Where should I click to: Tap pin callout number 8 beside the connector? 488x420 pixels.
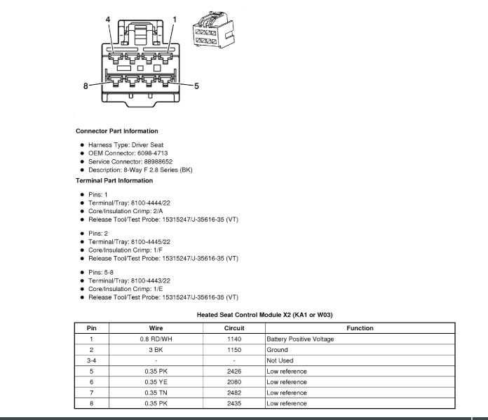[86, 86]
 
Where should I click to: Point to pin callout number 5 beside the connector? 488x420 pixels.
[196, 86]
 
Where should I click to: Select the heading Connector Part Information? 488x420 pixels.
[116, 131]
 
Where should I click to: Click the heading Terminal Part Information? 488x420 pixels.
[114, 180]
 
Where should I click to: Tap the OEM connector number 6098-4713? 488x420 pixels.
[147, 153]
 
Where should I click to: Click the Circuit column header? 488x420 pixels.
[233, 328]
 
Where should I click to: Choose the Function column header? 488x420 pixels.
[360, 328]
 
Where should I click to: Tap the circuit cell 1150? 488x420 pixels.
[233, 350]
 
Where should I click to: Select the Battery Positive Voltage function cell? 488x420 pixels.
[300, 339]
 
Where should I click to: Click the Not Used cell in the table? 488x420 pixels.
[280, 360]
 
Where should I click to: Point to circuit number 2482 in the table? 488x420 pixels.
[233, 393]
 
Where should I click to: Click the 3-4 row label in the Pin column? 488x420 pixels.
[92, 360]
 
